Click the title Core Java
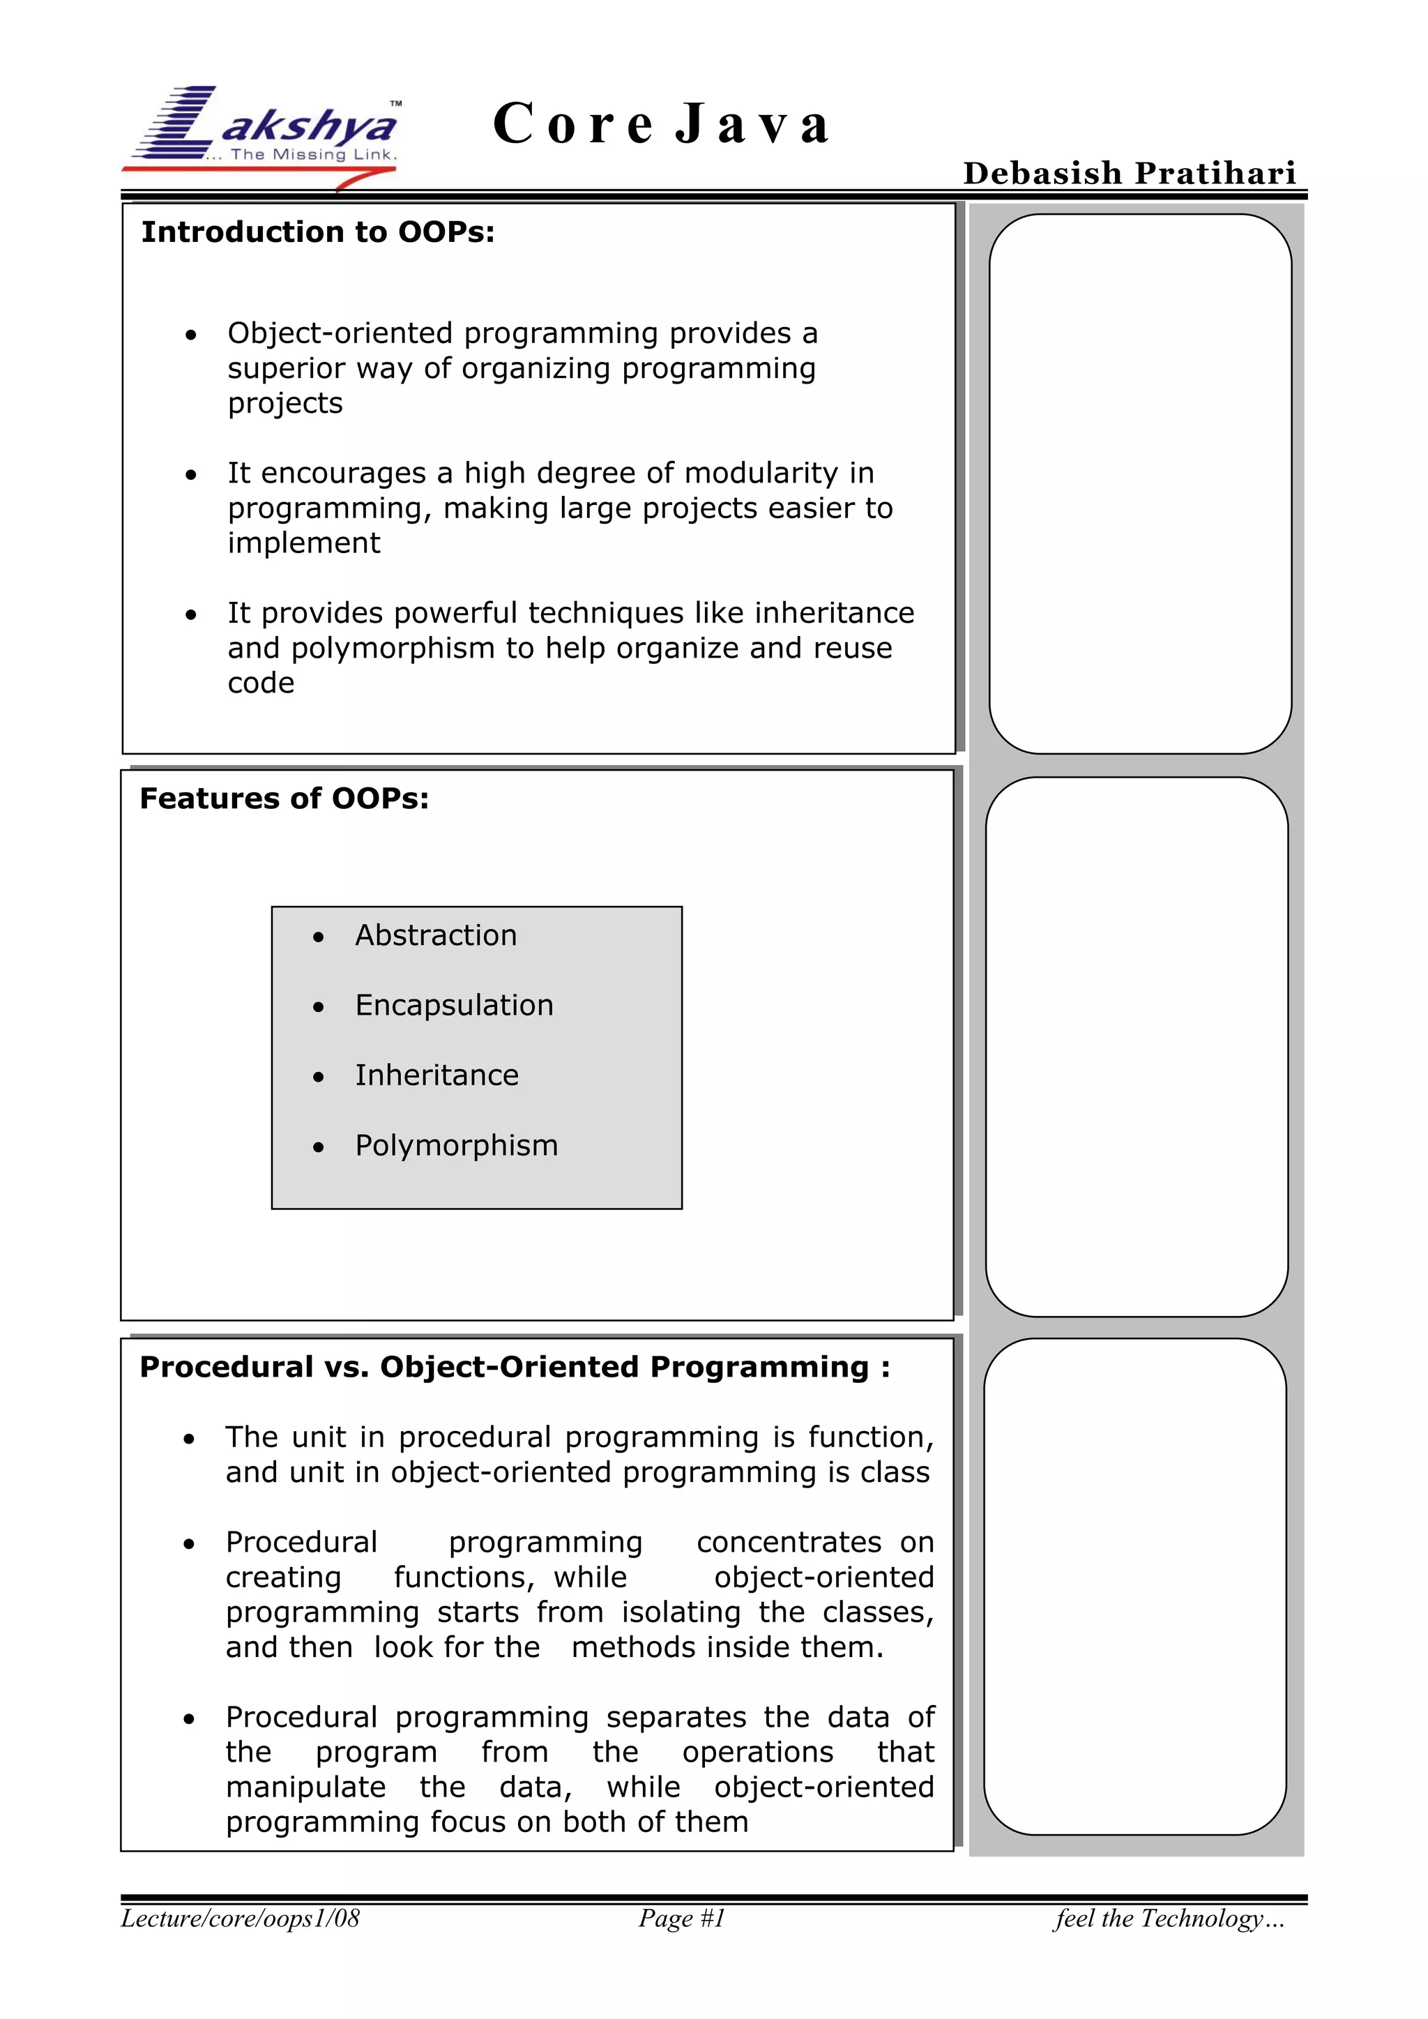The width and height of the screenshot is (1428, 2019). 661,124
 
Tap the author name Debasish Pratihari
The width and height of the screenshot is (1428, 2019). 1129,173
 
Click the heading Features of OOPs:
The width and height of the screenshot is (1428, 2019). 284,799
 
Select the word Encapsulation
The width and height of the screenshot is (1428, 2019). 454,1006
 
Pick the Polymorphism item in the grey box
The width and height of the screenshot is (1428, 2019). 457,1146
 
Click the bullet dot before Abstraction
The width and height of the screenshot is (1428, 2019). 319,938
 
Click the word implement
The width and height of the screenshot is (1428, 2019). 303,543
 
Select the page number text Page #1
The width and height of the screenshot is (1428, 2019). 681,1919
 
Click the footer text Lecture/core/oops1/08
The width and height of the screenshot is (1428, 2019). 240,1919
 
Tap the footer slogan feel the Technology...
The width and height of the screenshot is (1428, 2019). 1169,1919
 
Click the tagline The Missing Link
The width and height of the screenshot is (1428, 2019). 313,155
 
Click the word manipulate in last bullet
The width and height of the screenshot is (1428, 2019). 305,1787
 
